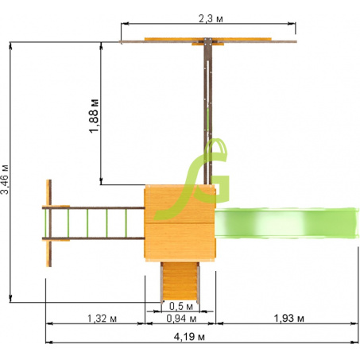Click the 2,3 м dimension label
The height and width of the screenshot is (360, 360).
(211, 19)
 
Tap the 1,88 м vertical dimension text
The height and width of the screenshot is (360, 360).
(94, 116)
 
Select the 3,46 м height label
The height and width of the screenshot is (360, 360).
(5, 180)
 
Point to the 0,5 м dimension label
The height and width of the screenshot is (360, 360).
(181, 306)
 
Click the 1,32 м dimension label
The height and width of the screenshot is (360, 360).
(102, 318)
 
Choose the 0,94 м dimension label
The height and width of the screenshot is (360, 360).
(181, 319)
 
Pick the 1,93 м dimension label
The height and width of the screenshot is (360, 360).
(288, 318)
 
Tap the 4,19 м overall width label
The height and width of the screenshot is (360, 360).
(189, 337)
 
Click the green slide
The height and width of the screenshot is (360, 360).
(287, 223)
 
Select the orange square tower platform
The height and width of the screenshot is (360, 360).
(180, 223)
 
